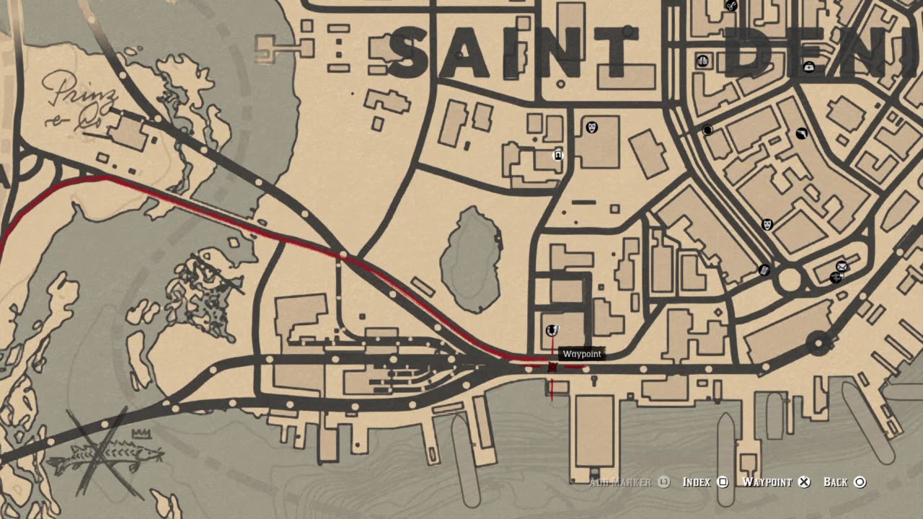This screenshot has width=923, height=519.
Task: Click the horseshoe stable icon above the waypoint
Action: click(552, 330)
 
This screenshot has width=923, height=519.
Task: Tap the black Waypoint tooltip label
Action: click(582, 354)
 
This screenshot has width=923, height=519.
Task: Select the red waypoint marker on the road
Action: click(552, 368)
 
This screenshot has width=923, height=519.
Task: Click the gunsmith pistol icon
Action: click(802, 134)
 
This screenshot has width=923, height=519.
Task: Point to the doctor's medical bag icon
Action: click(809, 67)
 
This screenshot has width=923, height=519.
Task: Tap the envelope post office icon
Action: click(841, 267)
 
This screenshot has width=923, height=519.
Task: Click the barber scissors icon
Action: click(731, 6)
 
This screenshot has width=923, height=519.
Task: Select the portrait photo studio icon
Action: click(557, 155)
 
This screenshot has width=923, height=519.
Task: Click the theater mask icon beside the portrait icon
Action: click(592, 128)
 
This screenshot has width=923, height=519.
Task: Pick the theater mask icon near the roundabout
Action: click(767, 224)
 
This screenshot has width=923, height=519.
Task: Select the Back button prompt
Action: click(844, 482)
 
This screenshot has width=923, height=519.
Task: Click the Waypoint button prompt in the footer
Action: click(776, 482)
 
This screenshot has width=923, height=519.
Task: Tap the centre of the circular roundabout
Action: click(790, 279)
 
